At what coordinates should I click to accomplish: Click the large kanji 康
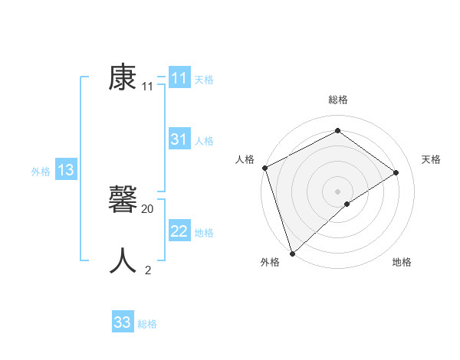(123, 77)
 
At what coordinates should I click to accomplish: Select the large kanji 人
(123, 261)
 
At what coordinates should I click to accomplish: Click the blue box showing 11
(179, 78)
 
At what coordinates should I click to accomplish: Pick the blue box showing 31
(179, 139)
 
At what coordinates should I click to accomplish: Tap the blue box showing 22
(179, 231)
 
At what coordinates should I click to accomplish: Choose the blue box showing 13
(66, 170)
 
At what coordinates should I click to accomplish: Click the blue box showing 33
(123, 322)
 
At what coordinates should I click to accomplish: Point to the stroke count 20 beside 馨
(148, 208)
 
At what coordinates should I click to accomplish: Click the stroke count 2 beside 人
(148, 270)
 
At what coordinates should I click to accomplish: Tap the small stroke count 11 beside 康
(148, 87)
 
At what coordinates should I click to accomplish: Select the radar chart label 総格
(337, 100)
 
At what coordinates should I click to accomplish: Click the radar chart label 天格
(432, 159)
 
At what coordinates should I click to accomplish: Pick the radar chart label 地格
(402, 262)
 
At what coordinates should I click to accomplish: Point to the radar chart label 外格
(270, 262)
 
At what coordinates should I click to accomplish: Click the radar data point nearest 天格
(396, 172)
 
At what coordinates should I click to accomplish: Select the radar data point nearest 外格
(291, 252)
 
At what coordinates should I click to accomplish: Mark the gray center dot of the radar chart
(337, 191)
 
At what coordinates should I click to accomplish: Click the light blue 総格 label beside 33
(147, 324)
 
